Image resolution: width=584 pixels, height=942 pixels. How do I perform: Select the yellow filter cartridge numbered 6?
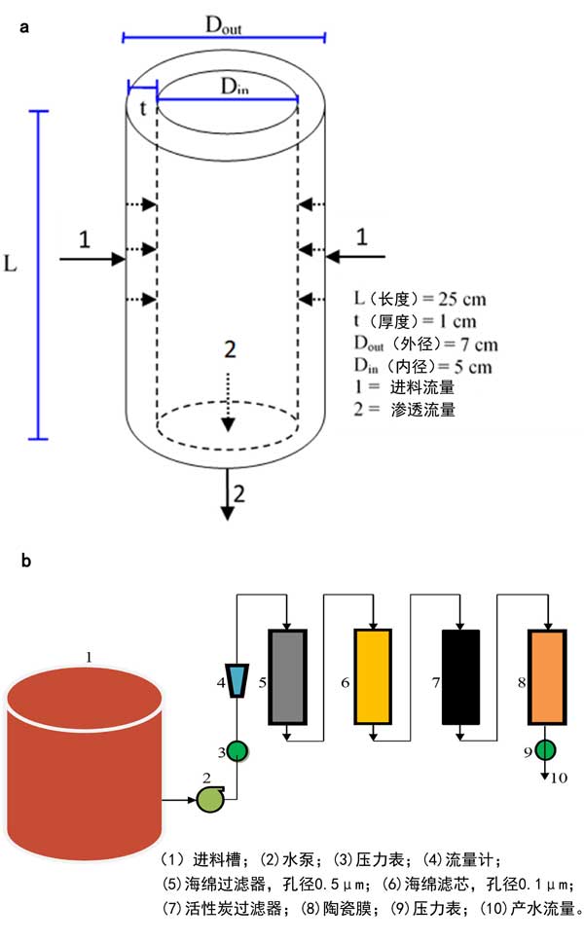374,676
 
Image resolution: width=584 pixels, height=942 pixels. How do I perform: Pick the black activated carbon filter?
460,676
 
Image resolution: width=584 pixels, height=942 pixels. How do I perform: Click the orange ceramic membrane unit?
546,676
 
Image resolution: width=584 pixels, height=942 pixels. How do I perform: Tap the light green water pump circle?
209,799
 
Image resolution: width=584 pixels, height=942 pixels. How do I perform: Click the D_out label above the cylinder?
224,26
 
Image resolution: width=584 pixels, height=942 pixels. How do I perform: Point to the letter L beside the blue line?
11,265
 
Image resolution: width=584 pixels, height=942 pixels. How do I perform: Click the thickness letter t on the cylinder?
142,107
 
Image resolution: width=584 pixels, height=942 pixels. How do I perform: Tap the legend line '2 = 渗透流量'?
407,410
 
